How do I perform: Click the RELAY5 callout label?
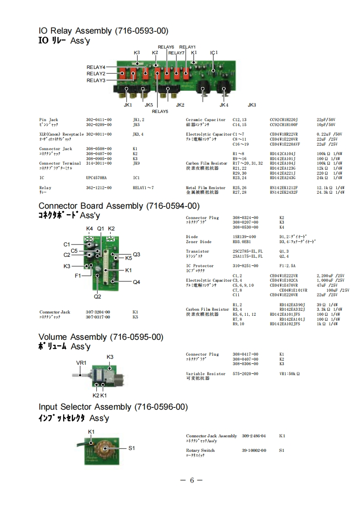coord(160,111)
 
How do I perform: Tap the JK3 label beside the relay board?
coord(252,105)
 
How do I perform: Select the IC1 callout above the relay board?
coord(214,53)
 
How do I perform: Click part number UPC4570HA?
coord(96,178)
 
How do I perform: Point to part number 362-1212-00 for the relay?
coord(99,187)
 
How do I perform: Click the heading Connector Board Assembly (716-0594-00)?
coord(119,206)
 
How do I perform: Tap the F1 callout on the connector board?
coord(78,275)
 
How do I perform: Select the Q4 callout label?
coord(137,282)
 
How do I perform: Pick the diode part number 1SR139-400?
coord(244,237)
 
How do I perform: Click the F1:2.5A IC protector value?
coord(287,266)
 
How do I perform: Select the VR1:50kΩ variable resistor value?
coord(289,374)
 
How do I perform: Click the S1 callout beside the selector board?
coord(132,448)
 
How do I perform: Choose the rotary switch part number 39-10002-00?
coord(254,450)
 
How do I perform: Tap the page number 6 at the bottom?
coord(192,481)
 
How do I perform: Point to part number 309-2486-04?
coord(254,436)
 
